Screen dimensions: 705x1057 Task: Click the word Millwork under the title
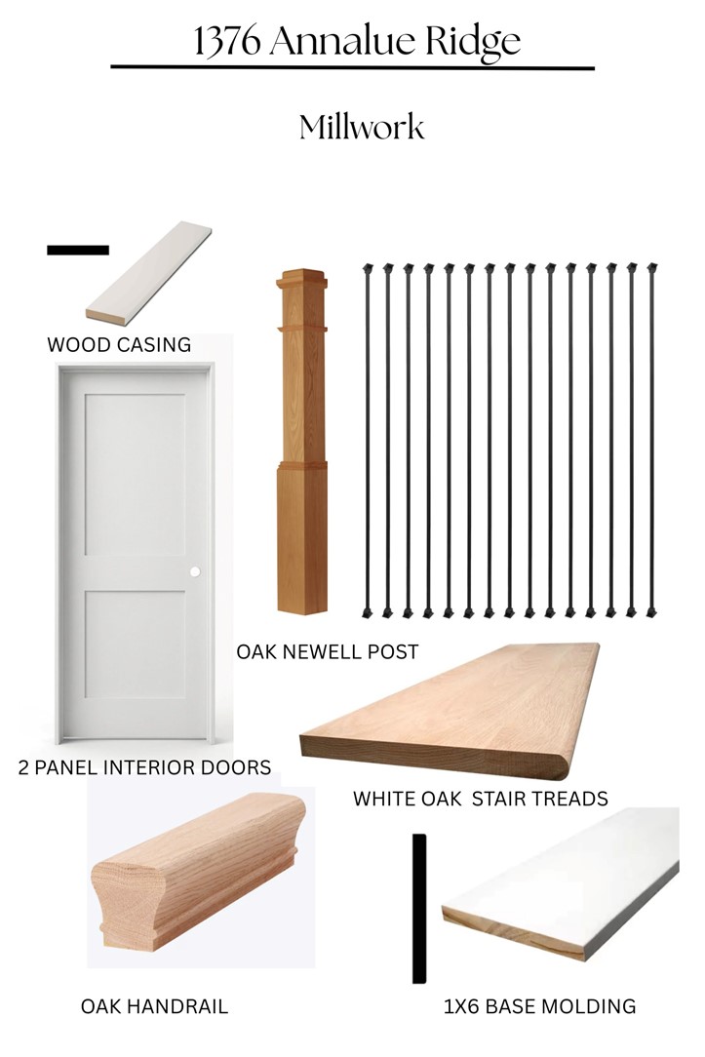pyautogui.click(x=362, y=127)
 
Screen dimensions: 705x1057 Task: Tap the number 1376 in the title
pyautogui.click(x=227, y=41)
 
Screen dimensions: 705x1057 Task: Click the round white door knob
pyautogui.click(x=195, y=571)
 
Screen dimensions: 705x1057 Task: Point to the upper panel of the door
pyautogui.click(x=135, y=475)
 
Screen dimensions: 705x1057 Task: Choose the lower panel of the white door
pyautogui.click(x=135, y=645)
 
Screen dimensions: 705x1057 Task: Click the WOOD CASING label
pyautogui.click(x=119, y=344)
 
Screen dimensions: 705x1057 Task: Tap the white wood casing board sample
pyautogui.click(x=149, y=274)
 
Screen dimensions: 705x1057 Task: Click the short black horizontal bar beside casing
pyautogui.click(x=78, y=250)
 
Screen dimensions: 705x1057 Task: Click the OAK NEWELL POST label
pyautogui.click(x=328, y=652)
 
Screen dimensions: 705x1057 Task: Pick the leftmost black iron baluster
pyautogui.click(x=368, y=440)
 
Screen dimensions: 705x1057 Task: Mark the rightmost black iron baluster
pyautogui.click(x=651, y=440)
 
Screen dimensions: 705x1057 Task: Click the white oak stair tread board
pyautogui.click(x=450, y=711)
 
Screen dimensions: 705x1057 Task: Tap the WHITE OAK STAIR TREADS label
pyautogui.click(x=481, y=799)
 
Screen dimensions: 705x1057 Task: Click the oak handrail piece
pyautogui.click(x=198, y=871)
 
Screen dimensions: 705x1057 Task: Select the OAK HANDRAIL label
pyautogui.click(x=154, y=1006)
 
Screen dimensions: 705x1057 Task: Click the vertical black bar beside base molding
pyautogui.click(x=419, y=909)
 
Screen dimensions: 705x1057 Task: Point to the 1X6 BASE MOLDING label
pyautogui.click(x=540, y=1006)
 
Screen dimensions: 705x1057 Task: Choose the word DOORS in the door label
pyautogui.click(x=236, y=767)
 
